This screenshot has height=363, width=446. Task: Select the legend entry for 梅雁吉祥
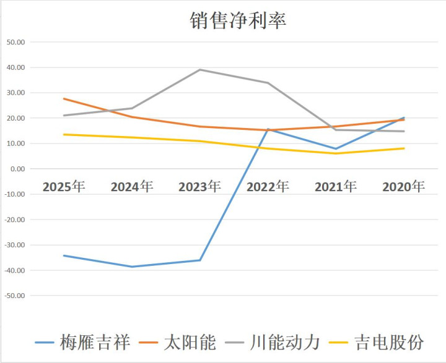pos(95,342)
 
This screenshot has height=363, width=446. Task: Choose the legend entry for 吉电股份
pos(388,342)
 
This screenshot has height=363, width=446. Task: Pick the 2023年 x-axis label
pos(199,186)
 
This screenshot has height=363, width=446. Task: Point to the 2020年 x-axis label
pos(403,186)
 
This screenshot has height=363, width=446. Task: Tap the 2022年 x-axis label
pos(268,186)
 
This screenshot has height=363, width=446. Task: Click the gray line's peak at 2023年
pos(200,69)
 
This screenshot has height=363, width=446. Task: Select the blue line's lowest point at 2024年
pos(132,267)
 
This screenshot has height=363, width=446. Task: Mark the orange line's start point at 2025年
pos(64,98)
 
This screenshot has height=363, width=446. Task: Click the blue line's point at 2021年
pos(336,148)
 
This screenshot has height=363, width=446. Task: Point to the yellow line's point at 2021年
pos(336,153)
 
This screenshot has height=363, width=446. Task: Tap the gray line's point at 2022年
pos(268,83)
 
